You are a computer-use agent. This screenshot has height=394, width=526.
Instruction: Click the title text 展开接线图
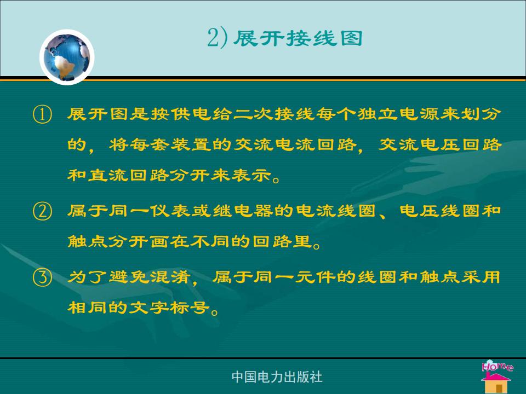(x=298, y=38)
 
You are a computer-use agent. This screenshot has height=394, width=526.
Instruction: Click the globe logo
(x=67, y=57)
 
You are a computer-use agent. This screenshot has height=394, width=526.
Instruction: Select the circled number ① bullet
(x=43, y=114)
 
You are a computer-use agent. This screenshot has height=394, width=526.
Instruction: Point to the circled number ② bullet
(x=43, y=211)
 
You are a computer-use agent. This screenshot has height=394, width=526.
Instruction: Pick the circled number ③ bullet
(x=43, y=278)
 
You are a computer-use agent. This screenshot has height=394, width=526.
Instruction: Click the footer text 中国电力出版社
(x=277, y=376)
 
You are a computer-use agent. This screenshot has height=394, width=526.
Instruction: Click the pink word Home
(x=497, y=366)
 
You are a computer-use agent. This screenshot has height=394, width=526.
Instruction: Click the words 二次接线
(x=274, y=114)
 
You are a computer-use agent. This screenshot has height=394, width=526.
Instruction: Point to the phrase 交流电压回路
(x=440, y=144)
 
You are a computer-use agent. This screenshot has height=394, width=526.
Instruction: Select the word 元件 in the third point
(x=316, y=277)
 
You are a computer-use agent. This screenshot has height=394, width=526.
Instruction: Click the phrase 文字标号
(x=169, y=308)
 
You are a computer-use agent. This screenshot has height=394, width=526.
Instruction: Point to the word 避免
(x=129, y=277)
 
